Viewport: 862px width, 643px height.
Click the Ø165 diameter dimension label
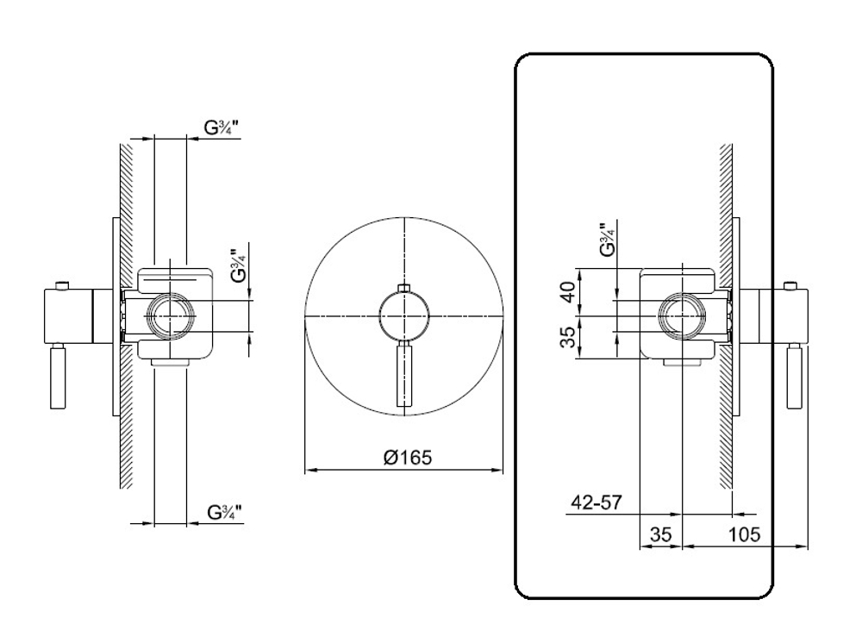pyautogui.click(x=408, y=457)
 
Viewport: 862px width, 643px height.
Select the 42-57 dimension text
pyautogui.click(x=597, y=502)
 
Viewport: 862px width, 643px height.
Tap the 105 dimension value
pyautogui.click(x=744, y=534)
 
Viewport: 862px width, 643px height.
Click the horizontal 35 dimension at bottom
pyautogui.click(x=661, y=534)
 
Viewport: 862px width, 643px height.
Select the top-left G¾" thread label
pyautogui.click(x=222, y=128)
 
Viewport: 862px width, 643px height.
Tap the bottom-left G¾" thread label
pyautogui.click(x=225, y=512)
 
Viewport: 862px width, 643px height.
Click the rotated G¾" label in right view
pyautogui.click(x=607, y=240)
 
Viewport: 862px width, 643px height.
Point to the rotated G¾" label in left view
pyautogui.click(x=238, y=265)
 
